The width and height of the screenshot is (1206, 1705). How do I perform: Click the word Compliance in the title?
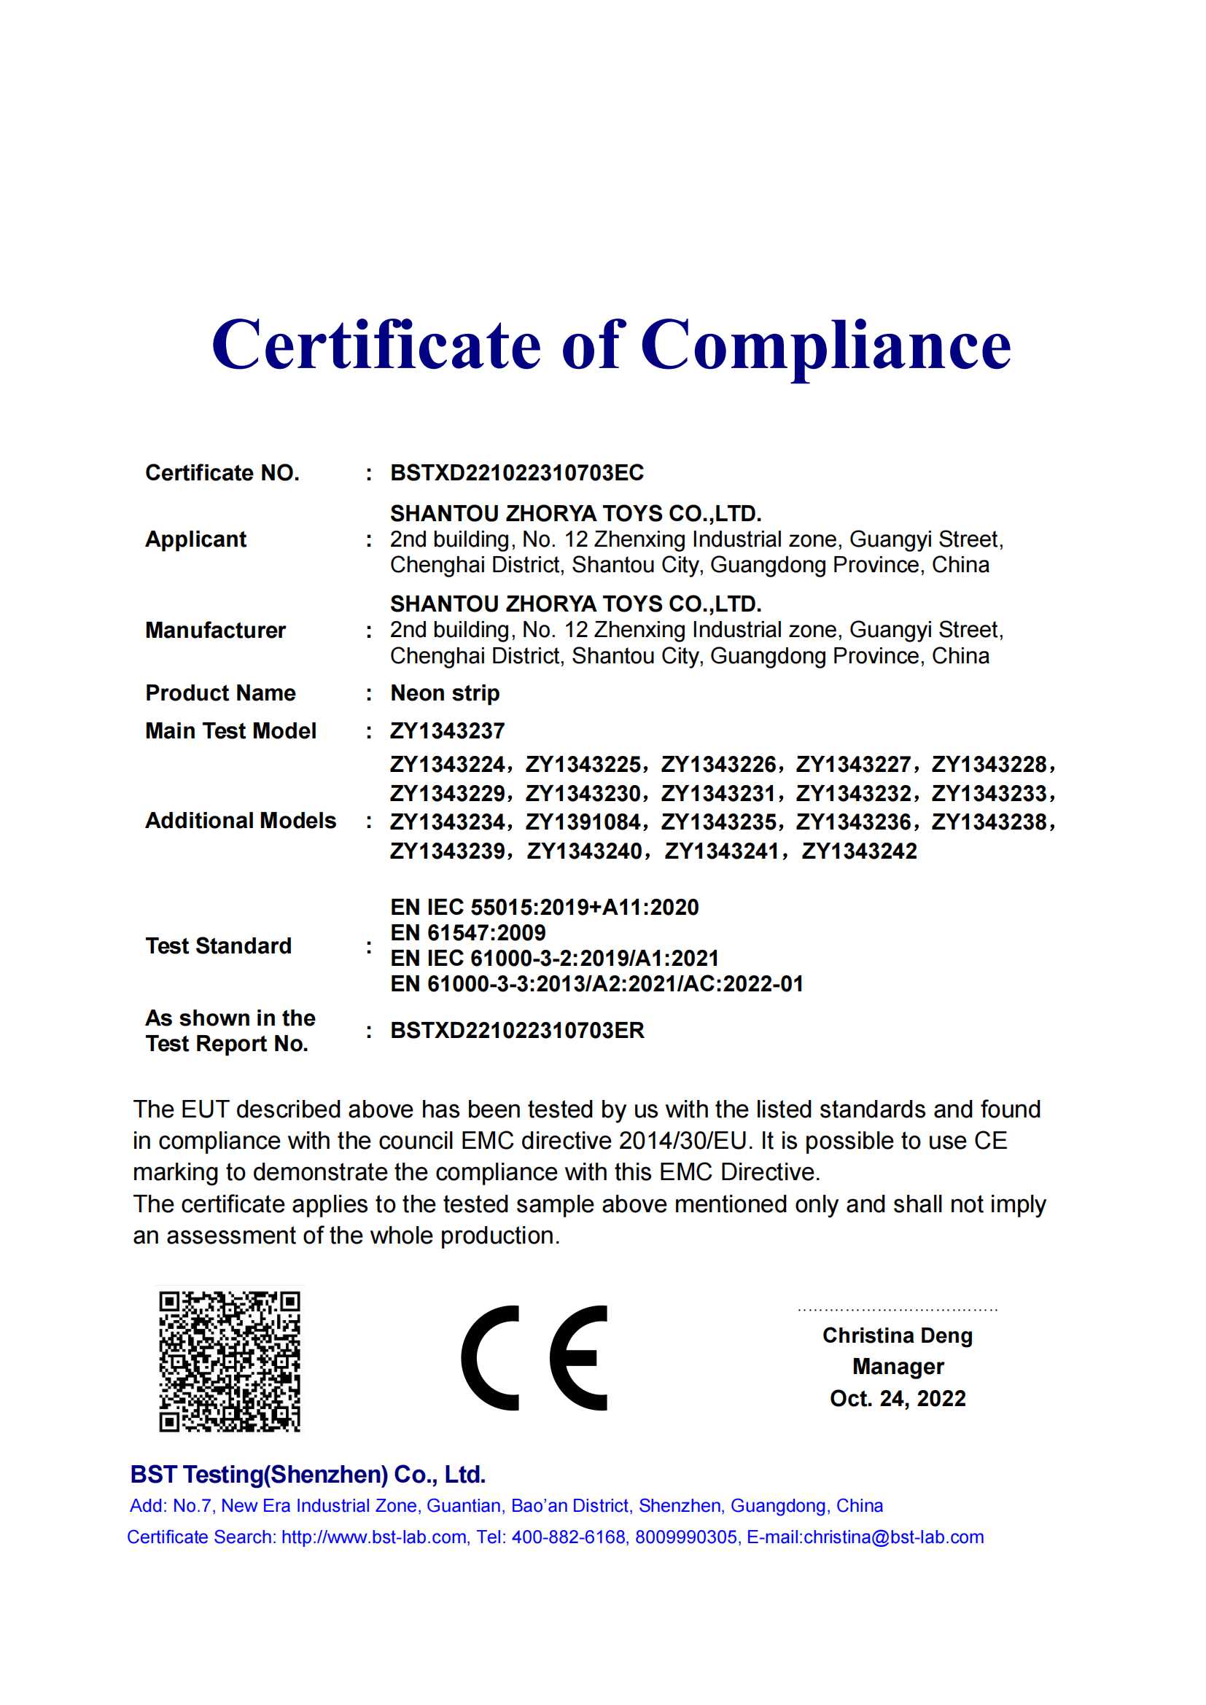pos(825,346)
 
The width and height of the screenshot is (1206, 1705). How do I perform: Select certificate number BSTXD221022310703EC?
pos(517,473)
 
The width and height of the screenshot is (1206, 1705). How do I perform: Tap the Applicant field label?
pos(195,539)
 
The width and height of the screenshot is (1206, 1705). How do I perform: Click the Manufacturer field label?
pos(215,631)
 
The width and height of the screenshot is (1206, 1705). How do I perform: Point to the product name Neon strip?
pos(445,692)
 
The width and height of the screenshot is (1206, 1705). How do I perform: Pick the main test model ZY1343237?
pos(447,730)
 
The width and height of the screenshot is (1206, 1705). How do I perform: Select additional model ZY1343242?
pos(859,851)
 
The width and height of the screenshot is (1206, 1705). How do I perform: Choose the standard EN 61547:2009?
pos(468,933)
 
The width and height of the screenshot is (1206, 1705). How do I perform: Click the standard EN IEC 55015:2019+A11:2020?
pos(545,907)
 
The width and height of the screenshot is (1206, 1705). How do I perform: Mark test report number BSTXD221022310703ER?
pos(517,1031)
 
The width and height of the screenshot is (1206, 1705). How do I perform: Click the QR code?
pos(230,1361)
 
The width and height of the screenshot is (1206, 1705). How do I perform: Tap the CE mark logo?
pos(534,1357)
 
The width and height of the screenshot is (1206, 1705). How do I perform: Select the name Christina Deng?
pos(897,1335)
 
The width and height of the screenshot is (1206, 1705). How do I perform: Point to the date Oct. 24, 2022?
pos(897,1398)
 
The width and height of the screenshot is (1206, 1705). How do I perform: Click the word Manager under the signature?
pos(897,1366)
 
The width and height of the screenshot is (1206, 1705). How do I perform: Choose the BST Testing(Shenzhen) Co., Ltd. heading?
pos(308,1474)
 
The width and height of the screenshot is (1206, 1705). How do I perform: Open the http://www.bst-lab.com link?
pos(373,1537)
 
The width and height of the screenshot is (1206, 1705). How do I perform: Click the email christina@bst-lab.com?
pos(893,1537)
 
